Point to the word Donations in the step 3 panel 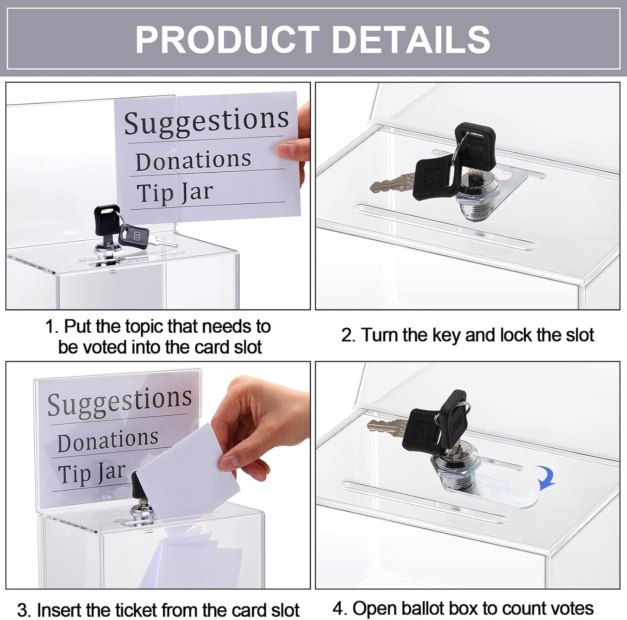[108, 440]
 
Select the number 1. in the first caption [53, 327]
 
